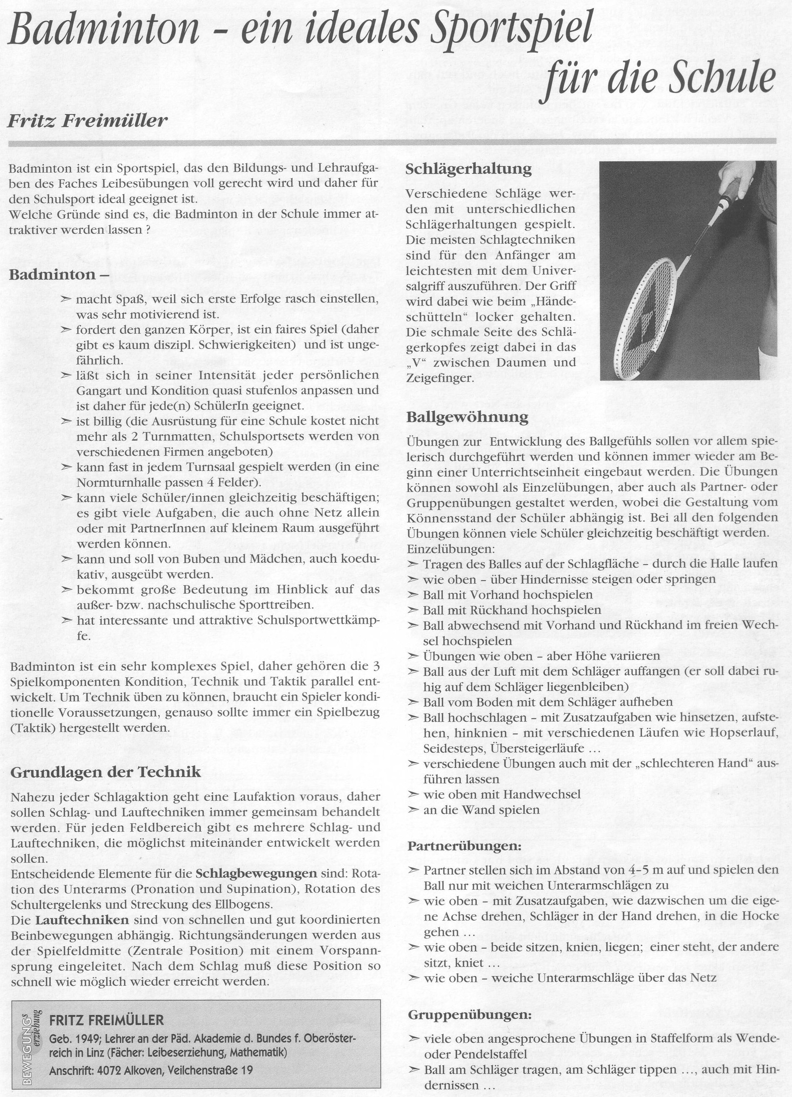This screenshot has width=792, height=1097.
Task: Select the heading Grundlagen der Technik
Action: (105, 772)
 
